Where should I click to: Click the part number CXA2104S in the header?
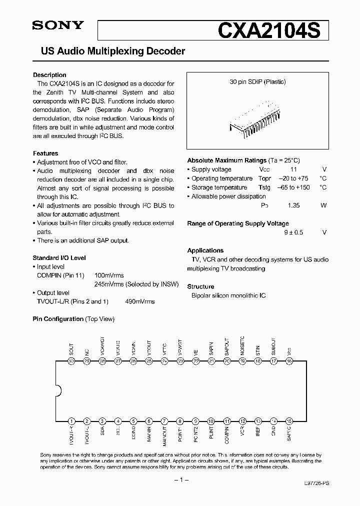tap(273, 30)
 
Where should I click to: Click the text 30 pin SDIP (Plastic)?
tap(257, 81)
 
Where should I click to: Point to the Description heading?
tap(49, 75)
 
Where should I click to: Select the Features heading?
tap(45, 153)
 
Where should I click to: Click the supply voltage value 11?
tap(293, 169)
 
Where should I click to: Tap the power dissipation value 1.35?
tap(293, 205)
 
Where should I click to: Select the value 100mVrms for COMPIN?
tap(109, 275)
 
